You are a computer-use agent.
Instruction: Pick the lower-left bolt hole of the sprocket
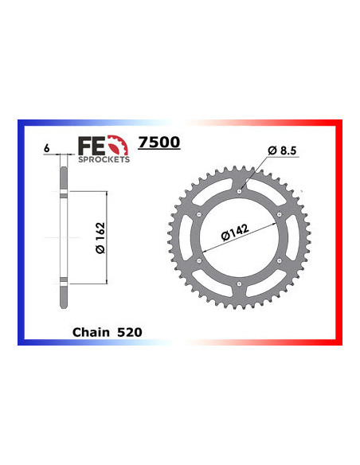199,260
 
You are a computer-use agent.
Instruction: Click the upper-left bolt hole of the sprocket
199,213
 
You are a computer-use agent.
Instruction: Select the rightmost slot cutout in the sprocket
292,237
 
